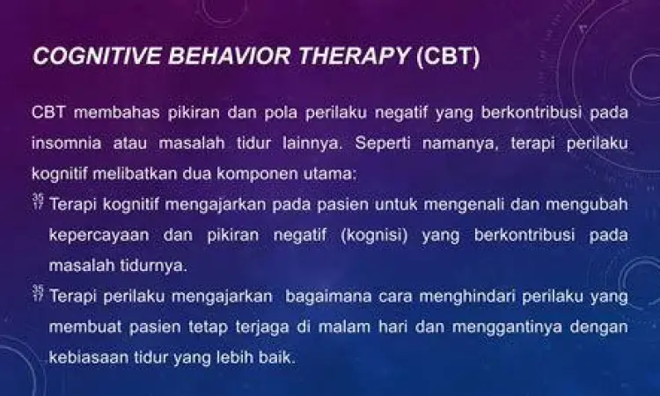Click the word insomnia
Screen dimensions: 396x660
tap(62, 142)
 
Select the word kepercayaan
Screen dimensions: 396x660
tap(99, 235)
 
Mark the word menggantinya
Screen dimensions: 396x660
tap(519, 327)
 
